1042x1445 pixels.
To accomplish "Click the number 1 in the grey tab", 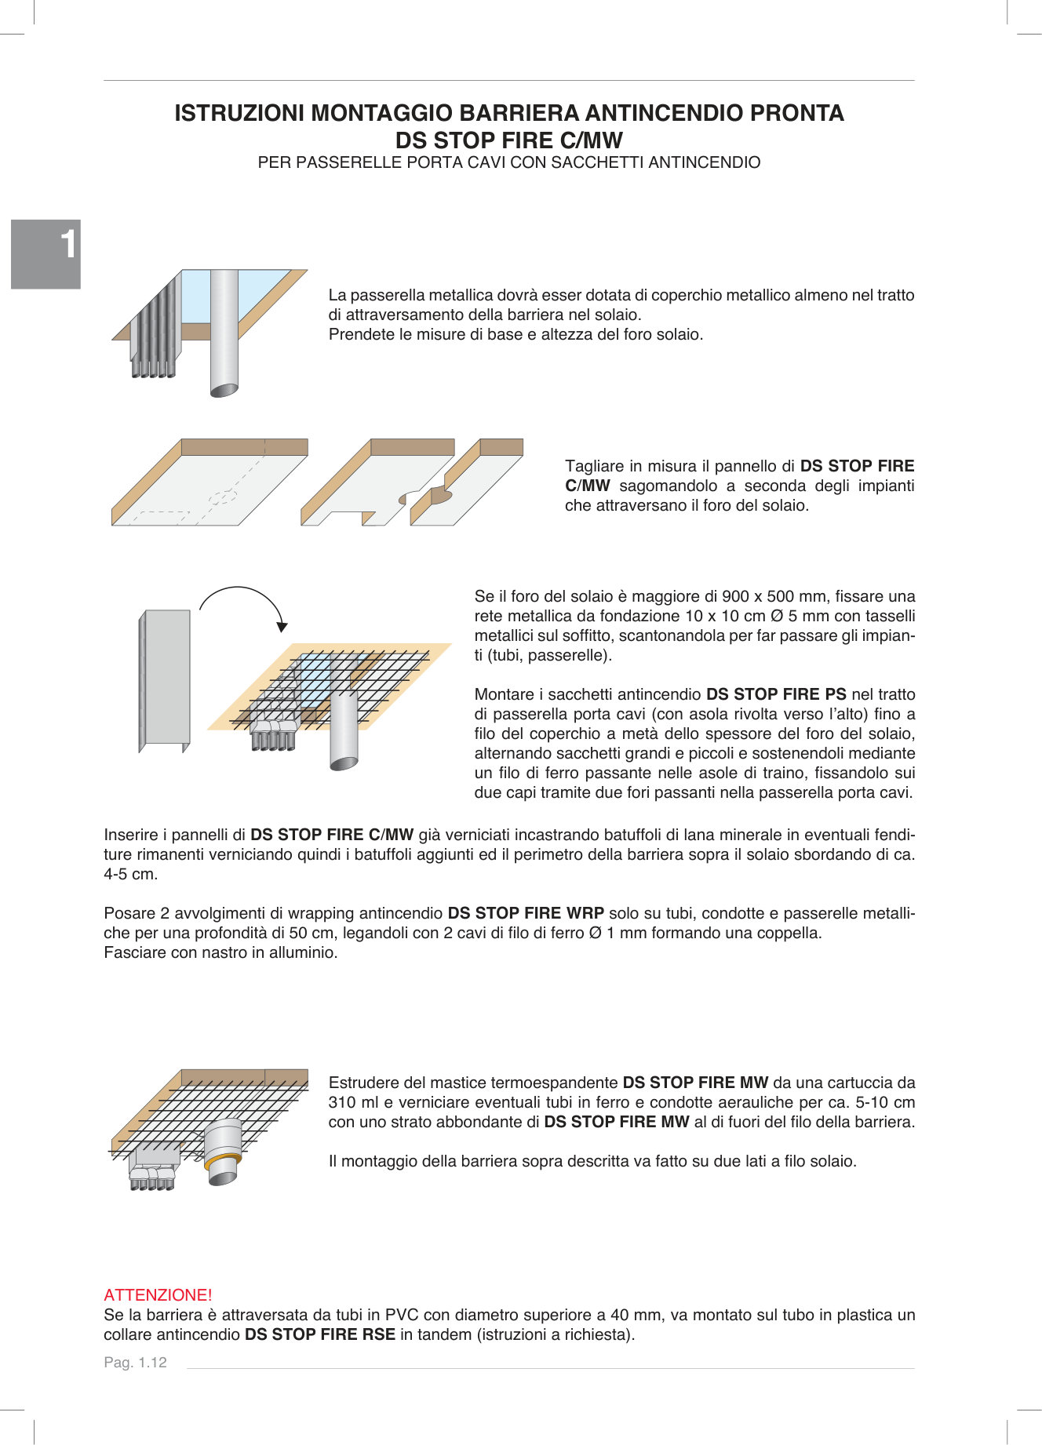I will pos(68,244).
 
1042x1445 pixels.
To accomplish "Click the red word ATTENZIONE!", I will pos(158,1294).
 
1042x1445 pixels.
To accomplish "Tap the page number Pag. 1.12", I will pos(135,1362).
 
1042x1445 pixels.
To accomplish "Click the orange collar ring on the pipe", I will pos(222,1161).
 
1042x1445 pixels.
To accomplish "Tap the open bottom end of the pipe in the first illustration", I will pos(224,390).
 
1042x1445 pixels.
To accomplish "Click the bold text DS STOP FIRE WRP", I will pos(525,913).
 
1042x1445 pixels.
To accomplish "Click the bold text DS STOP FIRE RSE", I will pos(319,1334).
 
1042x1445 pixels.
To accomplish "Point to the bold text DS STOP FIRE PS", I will pos(775,694).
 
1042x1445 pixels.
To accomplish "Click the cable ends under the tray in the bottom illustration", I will pos(152,1184).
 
